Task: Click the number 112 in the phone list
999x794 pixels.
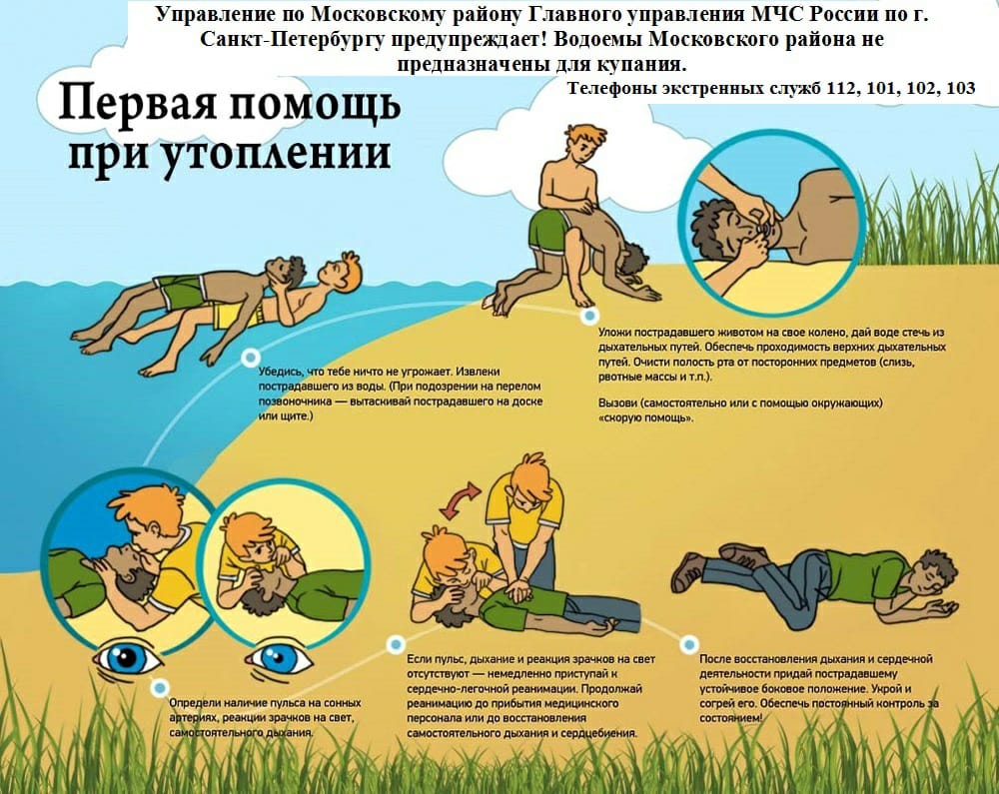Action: tap(840, 88)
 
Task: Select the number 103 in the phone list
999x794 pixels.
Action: tap(961, 88)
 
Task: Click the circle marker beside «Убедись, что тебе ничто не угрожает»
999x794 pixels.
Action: tap(251, 358)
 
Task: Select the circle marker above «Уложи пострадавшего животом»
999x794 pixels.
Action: tap(590, 316)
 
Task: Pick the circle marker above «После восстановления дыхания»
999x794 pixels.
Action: tap(688, 645)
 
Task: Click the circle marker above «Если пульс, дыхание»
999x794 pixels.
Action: tap(396, 644)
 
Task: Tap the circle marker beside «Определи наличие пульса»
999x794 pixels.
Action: tap(160, 688)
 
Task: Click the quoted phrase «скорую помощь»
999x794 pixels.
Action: tap(645, 417)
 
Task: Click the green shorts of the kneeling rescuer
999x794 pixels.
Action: tap(546, 233)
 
